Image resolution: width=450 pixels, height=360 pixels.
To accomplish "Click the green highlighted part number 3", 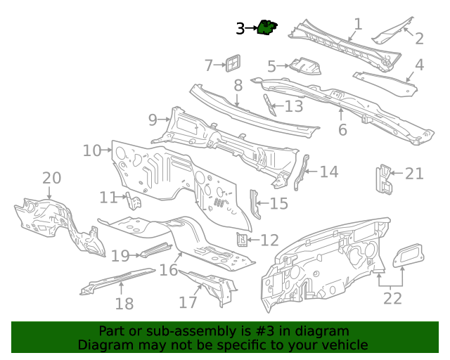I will (x=267, y=27).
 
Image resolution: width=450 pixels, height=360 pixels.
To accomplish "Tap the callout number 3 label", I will (x=240, y=29).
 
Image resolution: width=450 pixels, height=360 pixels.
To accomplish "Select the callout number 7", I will (x=209, y=65).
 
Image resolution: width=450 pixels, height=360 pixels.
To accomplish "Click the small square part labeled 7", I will (x=231, y=63).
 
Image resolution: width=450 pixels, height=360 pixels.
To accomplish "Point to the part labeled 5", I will (x=307, y=67).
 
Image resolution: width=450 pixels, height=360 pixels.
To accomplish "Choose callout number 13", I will (x=293, y=106).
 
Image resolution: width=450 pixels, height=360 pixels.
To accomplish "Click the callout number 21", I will (x=414, y=173).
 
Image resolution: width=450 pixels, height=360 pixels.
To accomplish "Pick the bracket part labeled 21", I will (x=384, y=179).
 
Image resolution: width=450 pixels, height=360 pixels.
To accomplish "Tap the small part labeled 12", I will (x=243, y=240).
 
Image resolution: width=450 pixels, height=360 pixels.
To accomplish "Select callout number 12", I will (x=269, y=240).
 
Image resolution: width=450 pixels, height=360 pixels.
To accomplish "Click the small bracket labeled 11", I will (x=134, y=202).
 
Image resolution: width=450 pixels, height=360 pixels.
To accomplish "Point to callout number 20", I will (x=52, y=179).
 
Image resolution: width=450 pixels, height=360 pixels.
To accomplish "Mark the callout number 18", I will (x=124, y=304).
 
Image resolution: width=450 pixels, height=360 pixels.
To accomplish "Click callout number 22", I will (x=392, y=298).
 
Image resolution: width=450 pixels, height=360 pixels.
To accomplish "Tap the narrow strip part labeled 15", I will (x=255, y=203).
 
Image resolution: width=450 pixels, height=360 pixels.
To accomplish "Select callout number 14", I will (x=328, y=172).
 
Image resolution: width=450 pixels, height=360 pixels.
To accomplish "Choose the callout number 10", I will (x=92, y=150).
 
